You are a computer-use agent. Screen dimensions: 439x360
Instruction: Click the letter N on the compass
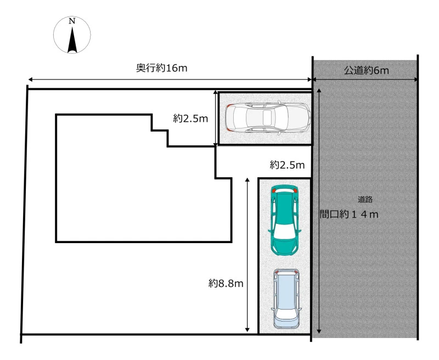click(72, 21)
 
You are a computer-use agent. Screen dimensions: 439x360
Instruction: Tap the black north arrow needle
click(72, 39)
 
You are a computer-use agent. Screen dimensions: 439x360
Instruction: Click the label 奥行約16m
click(161, 68)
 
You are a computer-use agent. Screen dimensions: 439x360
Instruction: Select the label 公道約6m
click(366, 70)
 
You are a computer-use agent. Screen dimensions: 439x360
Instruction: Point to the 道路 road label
click(365, 200)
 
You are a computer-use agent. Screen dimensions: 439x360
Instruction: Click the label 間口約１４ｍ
click(349, 215)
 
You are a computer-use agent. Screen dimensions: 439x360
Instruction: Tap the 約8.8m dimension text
click(226, 283)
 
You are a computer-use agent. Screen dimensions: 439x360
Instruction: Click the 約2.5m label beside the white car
click(190, 119)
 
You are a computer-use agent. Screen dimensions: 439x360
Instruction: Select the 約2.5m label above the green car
click(287, 165)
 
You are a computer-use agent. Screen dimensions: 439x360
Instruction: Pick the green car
click(284, 220)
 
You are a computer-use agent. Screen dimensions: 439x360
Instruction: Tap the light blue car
click(286, 299)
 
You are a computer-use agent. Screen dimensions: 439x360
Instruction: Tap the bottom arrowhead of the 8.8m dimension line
click(247, 329)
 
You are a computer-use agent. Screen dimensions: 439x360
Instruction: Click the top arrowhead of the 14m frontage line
click(319, 91)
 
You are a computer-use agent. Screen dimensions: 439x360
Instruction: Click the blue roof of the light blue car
click(286, 294)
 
